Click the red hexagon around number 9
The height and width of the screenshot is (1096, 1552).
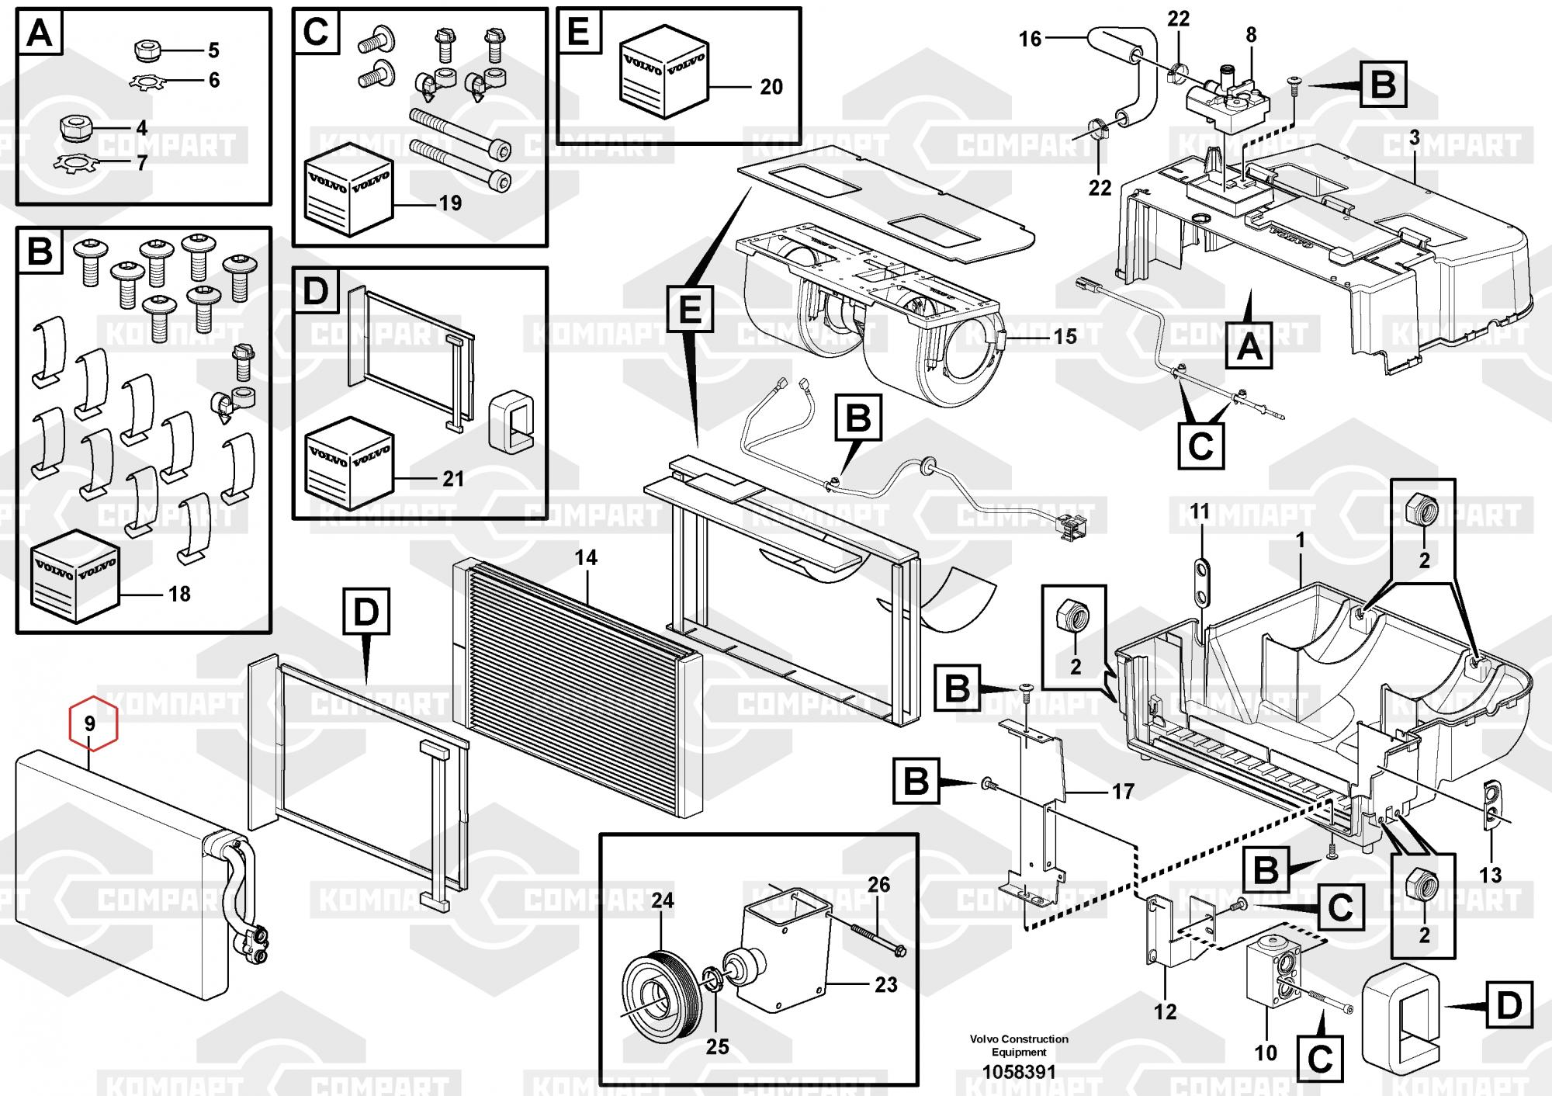click(92, 723)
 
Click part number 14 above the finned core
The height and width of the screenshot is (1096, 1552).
click(586, 557)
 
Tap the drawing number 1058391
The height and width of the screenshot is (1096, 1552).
click(1019, 1073)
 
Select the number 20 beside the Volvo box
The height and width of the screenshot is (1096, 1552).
click(771, 87)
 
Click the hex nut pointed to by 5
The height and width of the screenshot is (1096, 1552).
click(146, 51)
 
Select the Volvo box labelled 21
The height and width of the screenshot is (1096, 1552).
click(349, 463)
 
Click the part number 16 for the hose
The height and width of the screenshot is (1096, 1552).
click(1030, 39)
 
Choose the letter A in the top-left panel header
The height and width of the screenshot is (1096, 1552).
click(40, 35)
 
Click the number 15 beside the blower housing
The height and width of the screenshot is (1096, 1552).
click(1065, 336)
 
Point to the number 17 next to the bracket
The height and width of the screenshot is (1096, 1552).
click(1123, 792)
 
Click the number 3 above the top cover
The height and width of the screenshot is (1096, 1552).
click(1414, 138)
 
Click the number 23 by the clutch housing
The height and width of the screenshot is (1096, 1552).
click(885, 984)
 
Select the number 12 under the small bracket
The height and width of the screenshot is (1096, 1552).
click(1165, 1011)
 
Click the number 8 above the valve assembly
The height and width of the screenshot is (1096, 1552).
click(1251, 35)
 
